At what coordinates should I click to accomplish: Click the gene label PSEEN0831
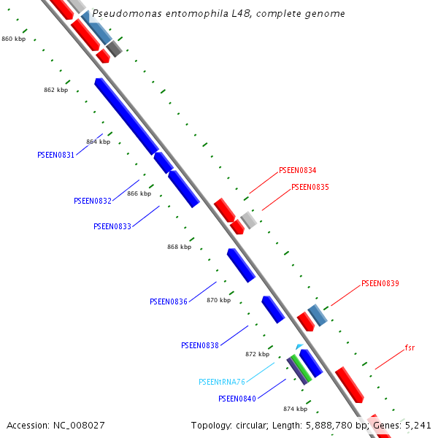tap(55, 155)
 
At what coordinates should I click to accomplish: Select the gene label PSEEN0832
tap(93, 201)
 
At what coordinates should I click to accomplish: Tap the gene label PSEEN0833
tap(112, 226)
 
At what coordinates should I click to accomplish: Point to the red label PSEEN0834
tap(297, 171)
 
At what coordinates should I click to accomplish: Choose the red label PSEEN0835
tap(310, 187)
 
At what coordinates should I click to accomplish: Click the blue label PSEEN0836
tap(169, 301)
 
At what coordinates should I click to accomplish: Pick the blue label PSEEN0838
tap(200, 345)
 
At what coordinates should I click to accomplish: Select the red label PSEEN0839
tap(380, 283)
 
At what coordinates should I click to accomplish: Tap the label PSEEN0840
tap(237, 399)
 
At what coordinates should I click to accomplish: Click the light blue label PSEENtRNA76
tap(222, 382)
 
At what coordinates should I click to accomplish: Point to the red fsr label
tap(410, 347)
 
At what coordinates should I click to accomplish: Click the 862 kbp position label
tap(55, 90)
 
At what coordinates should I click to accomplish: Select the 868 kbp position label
tap(179, 247)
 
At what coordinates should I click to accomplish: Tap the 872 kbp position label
tap(257, 354)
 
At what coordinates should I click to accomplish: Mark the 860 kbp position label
tap(13, 39)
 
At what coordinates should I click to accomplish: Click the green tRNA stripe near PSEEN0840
tap(301, 369)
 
